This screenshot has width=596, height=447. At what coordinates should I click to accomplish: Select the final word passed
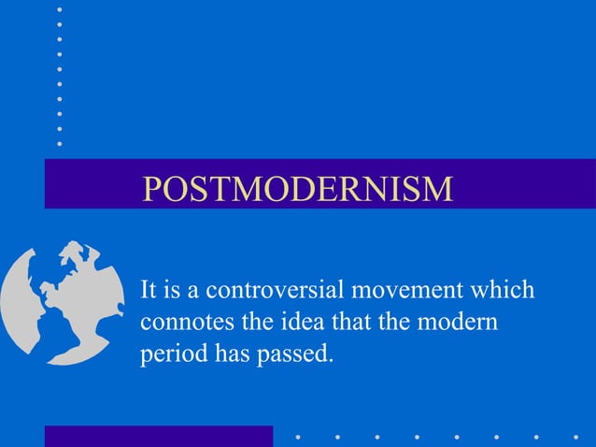coord(293,354)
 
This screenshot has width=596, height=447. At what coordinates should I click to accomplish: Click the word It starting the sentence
coord(148,290)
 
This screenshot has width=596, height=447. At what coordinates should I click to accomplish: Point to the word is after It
coord(173,290)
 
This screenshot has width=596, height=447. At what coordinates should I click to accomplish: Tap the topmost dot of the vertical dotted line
coord(59,8)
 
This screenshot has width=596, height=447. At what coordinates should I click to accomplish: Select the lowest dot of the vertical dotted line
coord(59,143)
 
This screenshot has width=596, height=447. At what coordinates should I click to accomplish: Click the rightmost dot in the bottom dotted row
coord(575,436)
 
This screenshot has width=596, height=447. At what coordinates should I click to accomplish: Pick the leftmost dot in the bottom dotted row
coord(296,436)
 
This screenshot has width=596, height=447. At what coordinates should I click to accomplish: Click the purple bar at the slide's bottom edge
coord(159,436)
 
